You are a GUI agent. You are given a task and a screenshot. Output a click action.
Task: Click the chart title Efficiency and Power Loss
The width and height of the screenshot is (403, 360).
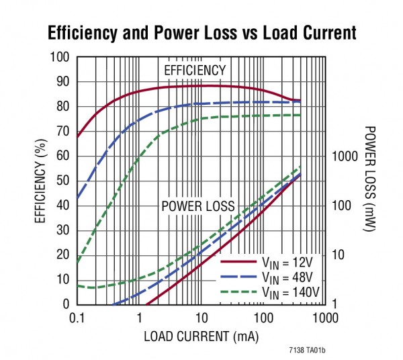point(201,32)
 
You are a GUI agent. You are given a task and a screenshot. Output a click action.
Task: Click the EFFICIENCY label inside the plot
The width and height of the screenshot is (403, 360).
point(195,71)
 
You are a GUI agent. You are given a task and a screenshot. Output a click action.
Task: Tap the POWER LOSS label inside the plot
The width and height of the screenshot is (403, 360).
point(198,206)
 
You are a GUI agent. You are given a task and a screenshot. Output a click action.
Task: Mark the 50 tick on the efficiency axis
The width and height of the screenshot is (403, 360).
point(63,181)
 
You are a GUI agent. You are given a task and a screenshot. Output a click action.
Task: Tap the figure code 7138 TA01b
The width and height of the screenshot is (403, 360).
point(312,350)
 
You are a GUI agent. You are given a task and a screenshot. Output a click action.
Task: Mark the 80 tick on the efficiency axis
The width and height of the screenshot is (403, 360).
point(63,106)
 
